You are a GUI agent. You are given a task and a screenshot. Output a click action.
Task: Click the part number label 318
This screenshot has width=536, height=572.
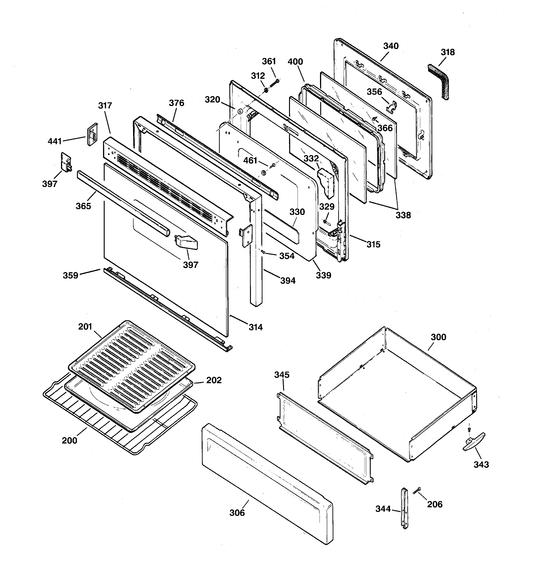[448, 52]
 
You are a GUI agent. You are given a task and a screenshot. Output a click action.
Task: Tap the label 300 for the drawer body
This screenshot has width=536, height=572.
[438, 337]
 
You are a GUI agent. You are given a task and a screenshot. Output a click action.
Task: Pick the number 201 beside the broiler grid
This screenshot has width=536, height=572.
[85, 327]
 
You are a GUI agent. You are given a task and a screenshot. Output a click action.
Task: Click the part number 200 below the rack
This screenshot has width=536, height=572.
[69, 440]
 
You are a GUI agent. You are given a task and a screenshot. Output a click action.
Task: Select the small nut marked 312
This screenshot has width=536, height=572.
[266, 91]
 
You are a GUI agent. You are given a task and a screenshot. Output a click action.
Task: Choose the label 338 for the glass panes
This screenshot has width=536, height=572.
[403, 215]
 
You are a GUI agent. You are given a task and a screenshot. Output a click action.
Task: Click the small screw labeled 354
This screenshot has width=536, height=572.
[262, 252]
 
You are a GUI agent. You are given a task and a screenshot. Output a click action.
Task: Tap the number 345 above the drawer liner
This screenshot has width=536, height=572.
[282, 375]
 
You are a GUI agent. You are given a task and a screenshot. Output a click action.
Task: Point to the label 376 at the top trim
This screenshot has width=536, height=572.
[176, 103]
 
